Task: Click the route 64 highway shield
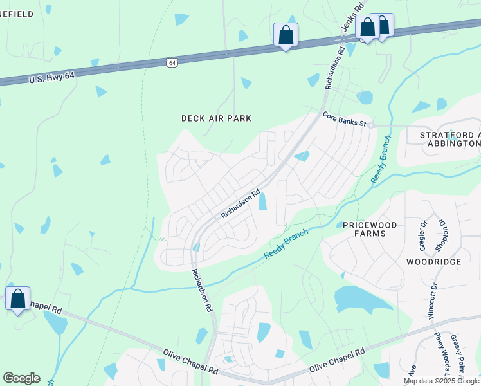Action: click(x=170, y=62)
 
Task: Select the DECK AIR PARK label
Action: click(x=216, y=118)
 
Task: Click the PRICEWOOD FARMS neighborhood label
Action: click(x=373, y=229)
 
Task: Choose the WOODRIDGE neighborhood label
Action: click(x=433, y=262)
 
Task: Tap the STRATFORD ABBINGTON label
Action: click(x=449, y=140)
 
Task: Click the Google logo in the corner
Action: click(x=21, y=378)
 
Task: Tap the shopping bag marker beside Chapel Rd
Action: click(x=18, y=299)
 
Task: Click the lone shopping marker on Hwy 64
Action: click(x=286, y=35)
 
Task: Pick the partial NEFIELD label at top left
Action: click(x=17, y=14)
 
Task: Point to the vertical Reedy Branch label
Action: click(x=380, y=160)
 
